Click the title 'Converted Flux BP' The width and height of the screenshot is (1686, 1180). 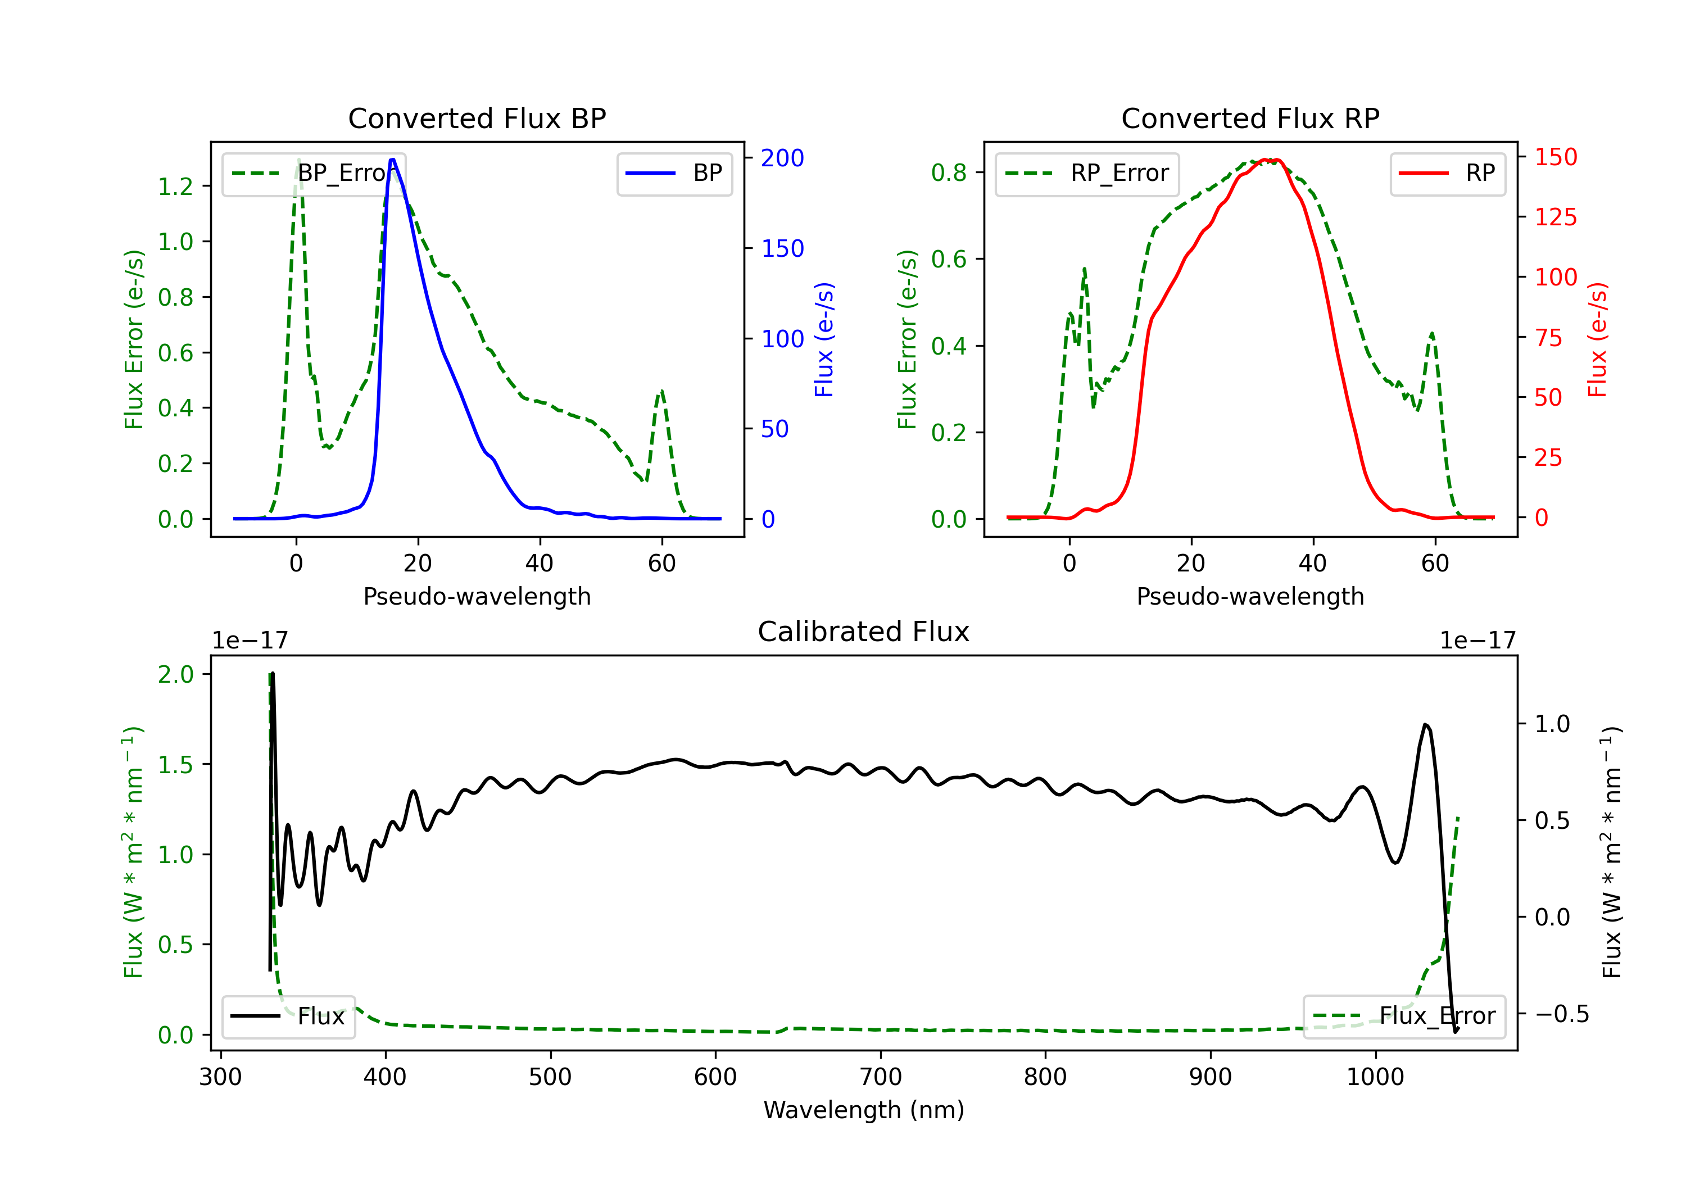click(477, 118)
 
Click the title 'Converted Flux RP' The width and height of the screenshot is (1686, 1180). click(1250, 118)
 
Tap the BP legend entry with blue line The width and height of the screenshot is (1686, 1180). click(674, 173)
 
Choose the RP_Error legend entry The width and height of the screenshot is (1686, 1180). click(1087, 173)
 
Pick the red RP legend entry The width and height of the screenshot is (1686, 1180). click(1447, 173)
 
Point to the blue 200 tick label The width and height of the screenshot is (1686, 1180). click(782, 158)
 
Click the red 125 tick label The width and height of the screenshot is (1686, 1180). click(1555, 217)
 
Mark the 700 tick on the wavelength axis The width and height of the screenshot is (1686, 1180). click(881, 1077)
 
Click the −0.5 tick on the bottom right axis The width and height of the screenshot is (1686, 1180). click(1561, 1014)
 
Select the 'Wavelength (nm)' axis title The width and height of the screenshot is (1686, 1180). click(864, 1110)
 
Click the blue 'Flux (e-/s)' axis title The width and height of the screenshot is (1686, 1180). click(824, 339)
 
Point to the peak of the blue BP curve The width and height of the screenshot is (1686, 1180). click(393, 160)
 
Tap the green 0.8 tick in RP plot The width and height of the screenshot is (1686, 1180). click(949, 173)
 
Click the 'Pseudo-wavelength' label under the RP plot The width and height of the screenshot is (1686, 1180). click(1250, 596)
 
